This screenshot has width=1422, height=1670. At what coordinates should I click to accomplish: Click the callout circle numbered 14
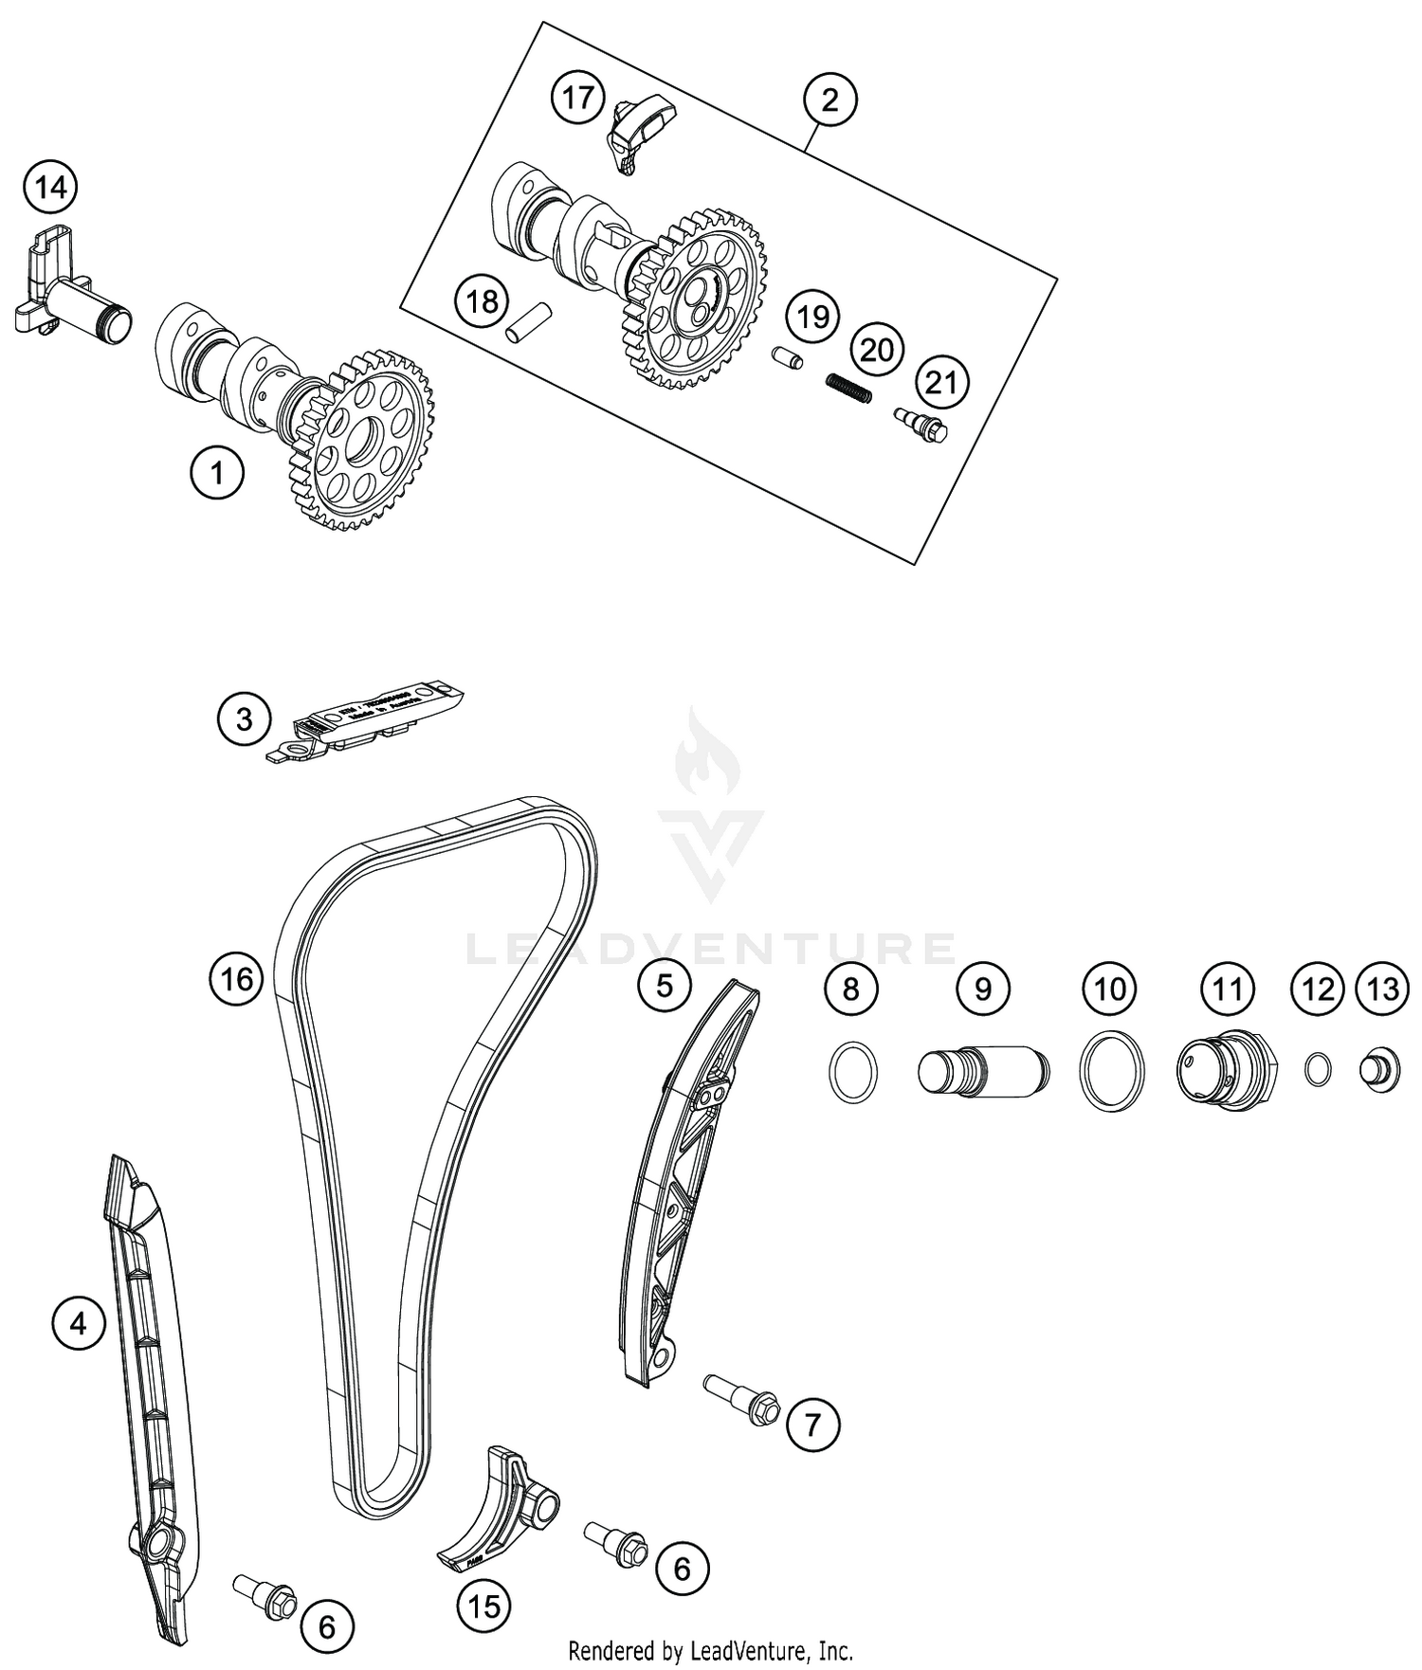(50, 188)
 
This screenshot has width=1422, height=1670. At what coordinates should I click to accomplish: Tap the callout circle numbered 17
(577, 98)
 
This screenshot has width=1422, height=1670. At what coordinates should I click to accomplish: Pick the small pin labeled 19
(786, 360)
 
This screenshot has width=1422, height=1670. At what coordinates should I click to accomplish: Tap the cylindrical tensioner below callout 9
(983, 1071)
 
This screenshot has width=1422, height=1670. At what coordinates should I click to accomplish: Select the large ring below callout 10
(1111, 1072)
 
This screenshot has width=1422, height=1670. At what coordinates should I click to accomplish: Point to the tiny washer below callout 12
(1317, 1070)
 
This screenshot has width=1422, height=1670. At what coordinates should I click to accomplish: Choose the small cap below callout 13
(1380, 1071)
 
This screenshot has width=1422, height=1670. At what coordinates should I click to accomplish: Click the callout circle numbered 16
(236, 977)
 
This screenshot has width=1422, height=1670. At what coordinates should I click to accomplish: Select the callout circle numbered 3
(244, 719)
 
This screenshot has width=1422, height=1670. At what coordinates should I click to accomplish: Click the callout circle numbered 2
(829, 100)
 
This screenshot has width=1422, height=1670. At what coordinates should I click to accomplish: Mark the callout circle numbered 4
(78, 1322)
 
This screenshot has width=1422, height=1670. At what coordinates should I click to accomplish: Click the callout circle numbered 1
(217, 471)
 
